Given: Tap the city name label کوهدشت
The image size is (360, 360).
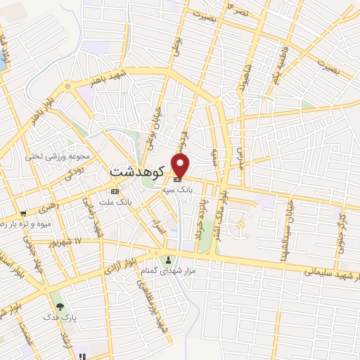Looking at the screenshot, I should click(x=138, y=171).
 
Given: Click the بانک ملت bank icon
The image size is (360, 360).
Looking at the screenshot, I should click(x=115, y=191).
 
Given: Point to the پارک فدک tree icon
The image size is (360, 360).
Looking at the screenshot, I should click(x=60, y=307).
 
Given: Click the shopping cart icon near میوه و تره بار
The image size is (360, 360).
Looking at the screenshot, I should click(x=23, y=214).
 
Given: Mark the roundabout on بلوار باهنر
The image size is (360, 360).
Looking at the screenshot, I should click(x=68, y=86).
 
